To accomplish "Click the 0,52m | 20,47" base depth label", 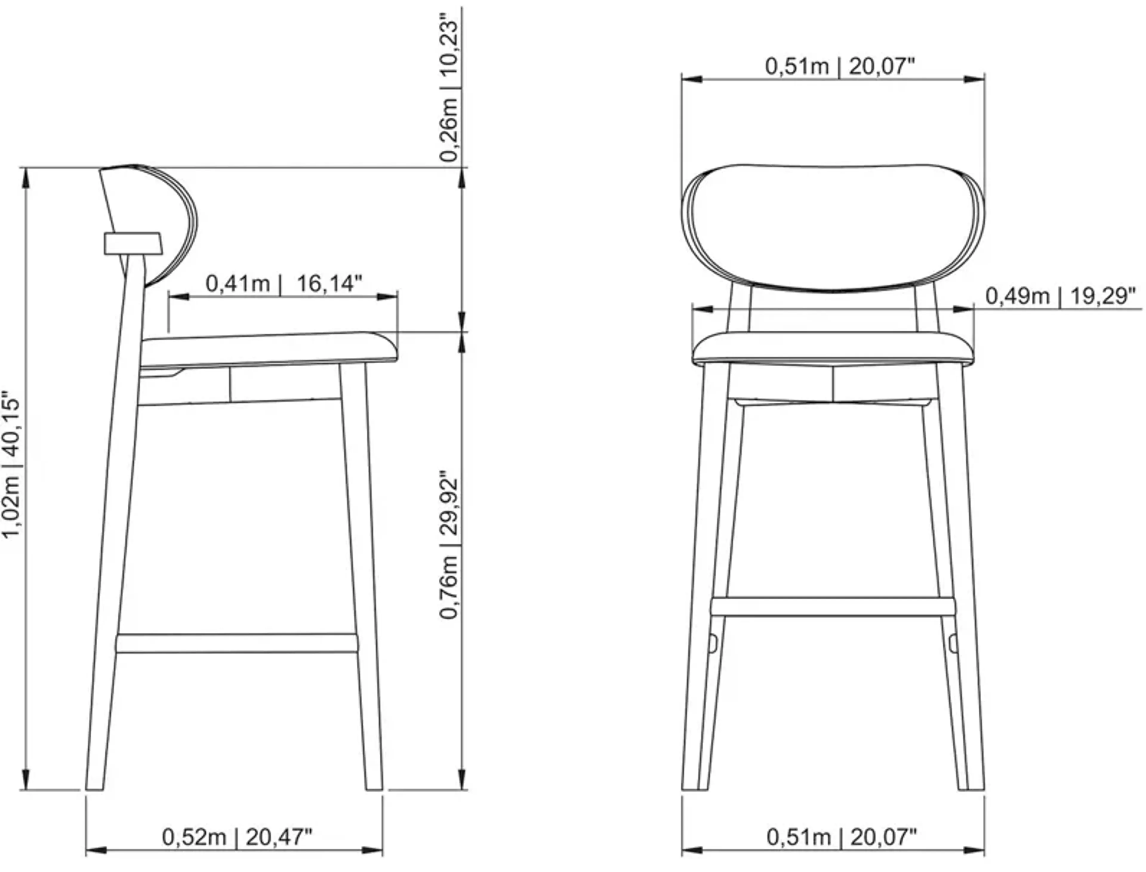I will tap(237, 837).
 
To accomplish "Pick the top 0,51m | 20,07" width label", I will tap(840, 67).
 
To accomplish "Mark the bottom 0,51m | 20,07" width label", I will tap(841, 837).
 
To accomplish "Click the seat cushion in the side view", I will tap(267, 349).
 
